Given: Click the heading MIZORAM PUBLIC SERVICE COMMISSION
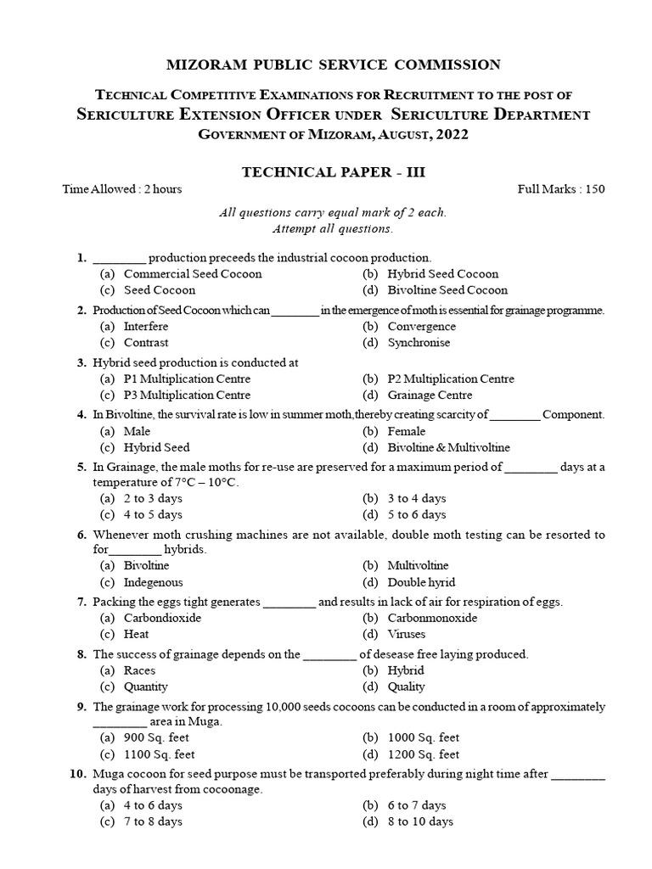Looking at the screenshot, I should click(326, 64).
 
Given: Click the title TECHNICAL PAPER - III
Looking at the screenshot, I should click(326, 171).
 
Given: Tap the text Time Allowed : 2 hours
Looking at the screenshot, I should click(122, 189).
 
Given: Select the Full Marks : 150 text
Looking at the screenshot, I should click(561, 189).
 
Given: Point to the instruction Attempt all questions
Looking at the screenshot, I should click(333, 229).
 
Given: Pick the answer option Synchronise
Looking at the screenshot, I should click(419, 343).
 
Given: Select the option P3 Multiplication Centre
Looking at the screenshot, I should click(187, 395).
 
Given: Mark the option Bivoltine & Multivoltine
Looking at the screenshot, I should click(449, 447).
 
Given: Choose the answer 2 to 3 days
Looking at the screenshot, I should click(153, 498).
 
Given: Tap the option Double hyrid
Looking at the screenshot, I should click(421, 582).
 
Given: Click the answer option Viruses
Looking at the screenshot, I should click(407, 634).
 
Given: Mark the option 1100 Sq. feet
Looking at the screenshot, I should click(160, 754).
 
